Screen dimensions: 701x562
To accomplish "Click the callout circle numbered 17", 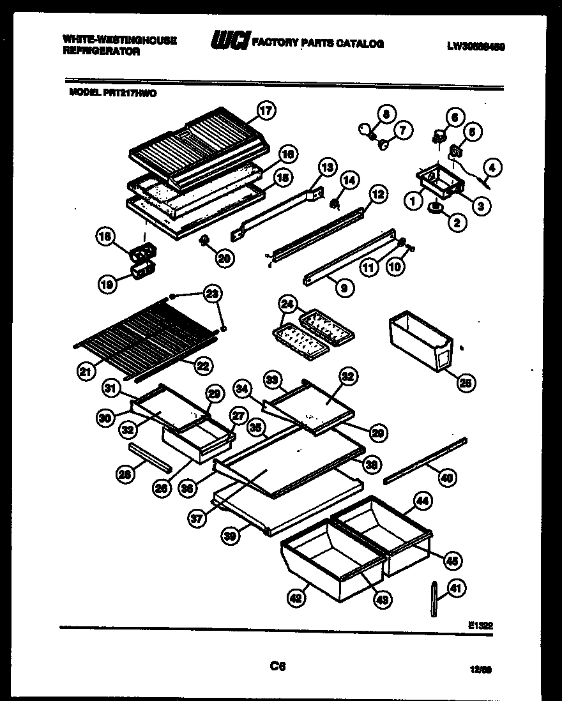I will click(x=266, y=110).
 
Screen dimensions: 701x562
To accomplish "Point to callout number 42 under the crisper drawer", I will click(x=295, y=598).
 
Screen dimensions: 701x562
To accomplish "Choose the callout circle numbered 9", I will click(x=344, y=289).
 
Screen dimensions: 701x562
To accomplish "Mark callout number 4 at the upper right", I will click(x=492, y=168).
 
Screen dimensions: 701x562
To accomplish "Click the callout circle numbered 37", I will click(x=198, y=519).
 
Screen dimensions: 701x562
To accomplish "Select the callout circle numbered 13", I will click(x=327, y=168).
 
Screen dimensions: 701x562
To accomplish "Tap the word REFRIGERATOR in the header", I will click(x=101, y=52).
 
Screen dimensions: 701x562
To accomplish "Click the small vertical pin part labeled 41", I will click(x=434, y=599).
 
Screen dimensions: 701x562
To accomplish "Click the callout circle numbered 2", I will click(x=457, y=222).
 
